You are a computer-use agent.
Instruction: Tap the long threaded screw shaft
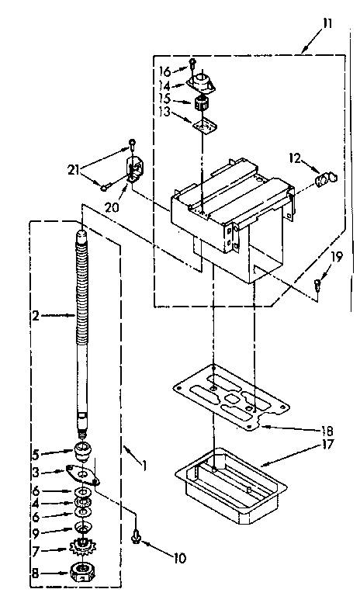click(81, 326)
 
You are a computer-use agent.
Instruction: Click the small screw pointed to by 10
click(137, 534)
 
